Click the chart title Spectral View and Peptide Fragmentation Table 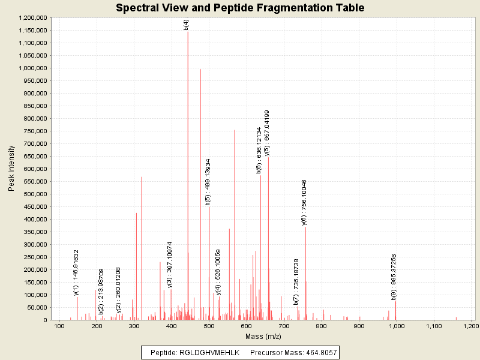tap(240, 8)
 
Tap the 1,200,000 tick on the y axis tap(32, 17)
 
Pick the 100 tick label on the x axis tap(59, 326)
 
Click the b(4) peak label tap(187, 25)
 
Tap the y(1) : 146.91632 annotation tap(76, 272)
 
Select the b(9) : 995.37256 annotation tap(394, 277)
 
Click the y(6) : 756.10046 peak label tap(304, 202)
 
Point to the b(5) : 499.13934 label tap(208, 182)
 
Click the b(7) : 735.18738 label tap(296, 282)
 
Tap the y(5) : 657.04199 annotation tap(267, 134)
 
